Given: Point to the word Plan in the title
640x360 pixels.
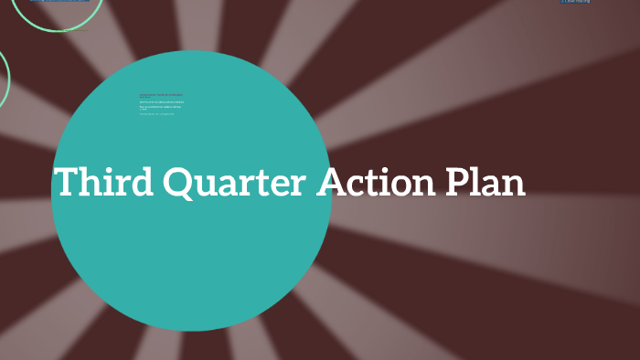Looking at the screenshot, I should (x=485, y=182).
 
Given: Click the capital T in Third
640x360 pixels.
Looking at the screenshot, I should (x=67, y=182).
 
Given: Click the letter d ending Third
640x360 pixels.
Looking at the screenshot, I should (x=140, y=182).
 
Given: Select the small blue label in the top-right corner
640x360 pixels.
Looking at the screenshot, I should (x=575, y=2).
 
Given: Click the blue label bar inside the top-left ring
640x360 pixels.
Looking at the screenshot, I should (x=59, y=1).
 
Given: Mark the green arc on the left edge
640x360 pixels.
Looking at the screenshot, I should (x=7, y=78).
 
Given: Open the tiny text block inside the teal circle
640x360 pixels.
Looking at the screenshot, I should (x=161, y=103).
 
